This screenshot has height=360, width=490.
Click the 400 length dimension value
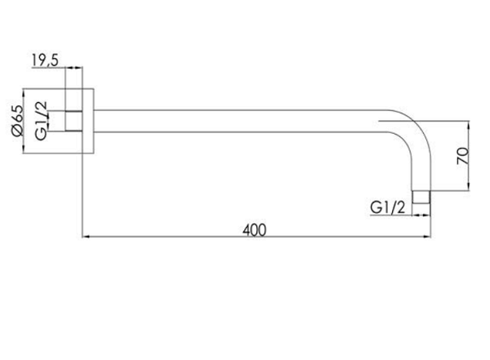254,230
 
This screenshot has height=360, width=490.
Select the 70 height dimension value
463,156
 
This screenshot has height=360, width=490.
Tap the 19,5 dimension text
45,60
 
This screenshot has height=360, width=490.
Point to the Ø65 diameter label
17,121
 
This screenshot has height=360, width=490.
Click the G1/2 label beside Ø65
41,121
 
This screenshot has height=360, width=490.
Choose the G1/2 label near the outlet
387,207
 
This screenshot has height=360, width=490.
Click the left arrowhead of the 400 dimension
86,237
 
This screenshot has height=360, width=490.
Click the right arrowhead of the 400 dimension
427,237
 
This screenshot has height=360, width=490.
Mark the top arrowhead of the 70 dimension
469,125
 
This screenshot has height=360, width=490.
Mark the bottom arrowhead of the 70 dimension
469,187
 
